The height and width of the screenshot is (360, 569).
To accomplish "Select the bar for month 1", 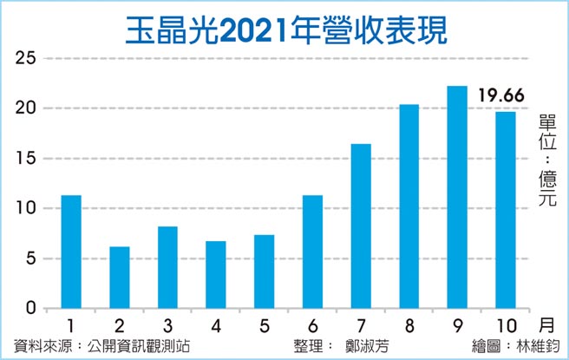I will [72, 252].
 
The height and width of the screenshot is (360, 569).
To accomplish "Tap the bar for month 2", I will [120, 278].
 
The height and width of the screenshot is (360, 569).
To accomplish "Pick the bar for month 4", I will [216, 275].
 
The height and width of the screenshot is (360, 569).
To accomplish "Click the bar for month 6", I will [312, 252].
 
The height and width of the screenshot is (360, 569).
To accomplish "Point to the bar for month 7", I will [361, 226].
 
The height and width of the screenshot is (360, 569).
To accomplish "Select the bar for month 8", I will [409, 206].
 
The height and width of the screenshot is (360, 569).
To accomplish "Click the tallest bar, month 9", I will [457, 197].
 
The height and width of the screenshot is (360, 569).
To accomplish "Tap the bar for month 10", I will [505, 210].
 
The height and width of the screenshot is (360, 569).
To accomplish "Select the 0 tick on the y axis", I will [32, 309].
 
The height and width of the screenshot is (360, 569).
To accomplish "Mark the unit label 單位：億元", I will [547, 160].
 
